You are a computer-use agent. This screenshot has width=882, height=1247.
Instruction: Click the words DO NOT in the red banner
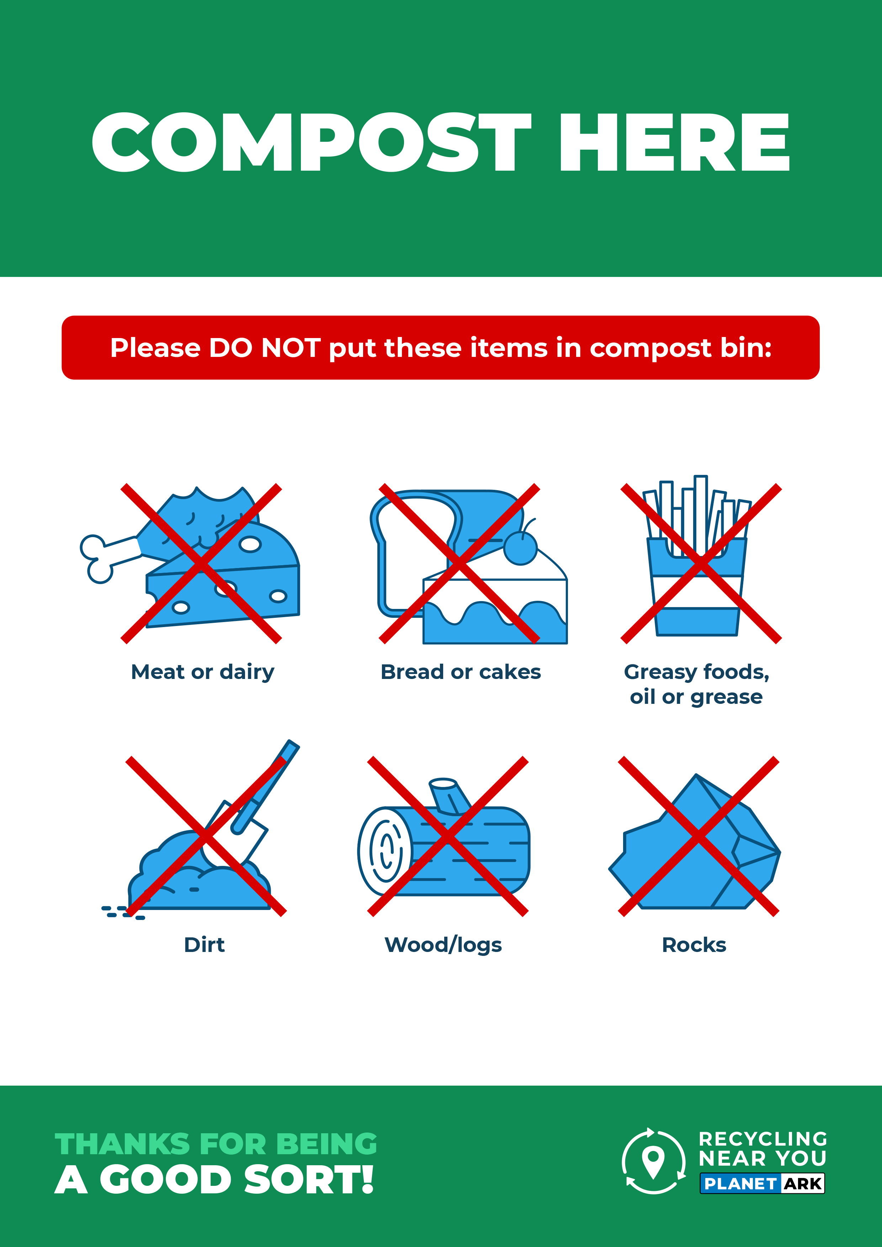pyautogui.click(x=265, y=348)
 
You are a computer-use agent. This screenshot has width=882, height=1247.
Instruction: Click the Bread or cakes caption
pyautogui.click(x=461, y=672)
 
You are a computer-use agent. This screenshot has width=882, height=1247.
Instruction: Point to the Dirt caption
pyautogui.click(x=204, y=945)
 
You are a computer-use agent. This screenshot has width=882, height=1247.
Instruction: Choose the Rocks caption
pyautogui.click(x=694, y=945)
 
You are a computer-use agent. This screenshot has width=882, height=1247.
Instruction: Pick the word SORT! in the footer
pyautogui.click(x=309, y=1180)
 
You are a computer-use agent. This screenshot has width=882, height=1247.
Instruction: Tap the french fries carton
pyautogui.click(x=697, y=587)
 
